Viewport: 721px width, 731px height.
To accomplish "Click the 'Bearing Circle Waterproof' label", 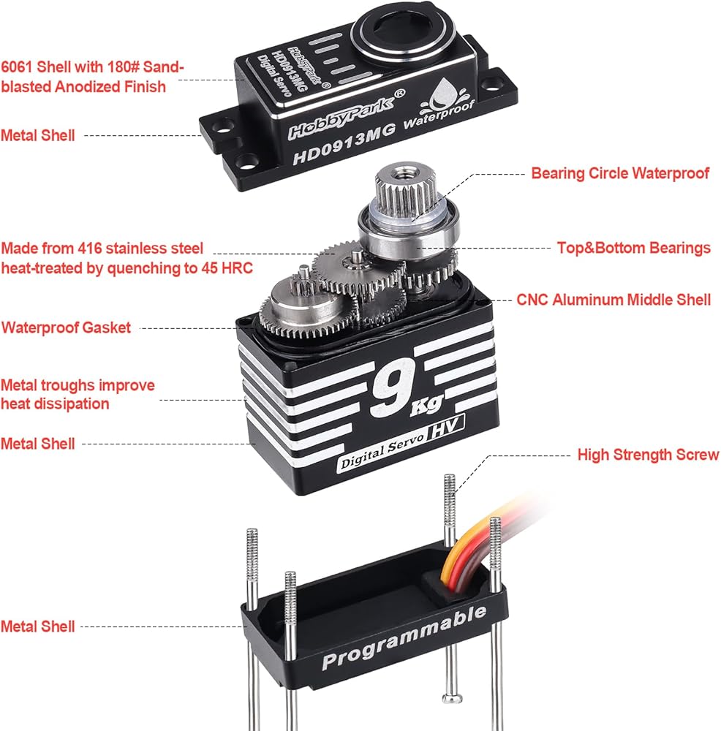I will [x=619, y=173].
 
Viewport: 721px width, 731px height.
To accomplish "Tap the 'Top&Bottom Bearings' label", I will [x=633, y=249].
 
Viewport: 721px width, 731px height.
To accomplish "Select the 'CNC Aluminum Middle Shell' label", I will [x=614, y=300].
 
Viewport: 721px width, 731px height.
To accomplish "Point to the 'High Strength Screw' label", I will [x=648, y=455].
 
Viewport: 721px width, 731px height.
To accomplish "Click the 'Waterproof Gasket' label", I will [x=66, y=327].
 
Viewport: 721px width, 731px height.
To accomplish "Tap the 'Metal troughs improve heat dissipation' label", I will [x=78, y=394].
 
